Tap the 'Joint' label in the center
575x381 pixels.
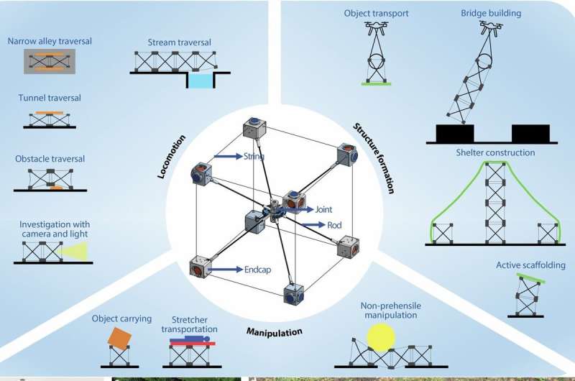tap(325, 210)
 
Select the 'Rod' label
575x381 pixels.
tap(334, 225)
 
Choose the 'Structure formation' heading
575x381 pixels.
tap(373, 158)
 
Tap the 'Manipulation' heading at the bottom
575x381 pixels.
tap(274, 332)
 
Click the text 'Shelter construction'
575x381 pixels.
tap(494, 153)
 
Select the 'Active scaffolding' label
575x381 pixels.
tap(525, 265)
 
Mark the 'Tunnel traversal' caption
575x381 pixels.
tap(49, 98)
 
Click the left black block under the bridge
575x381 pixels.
tap(454, 134)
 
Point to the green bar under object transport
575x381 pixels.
tap(376, 84)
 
